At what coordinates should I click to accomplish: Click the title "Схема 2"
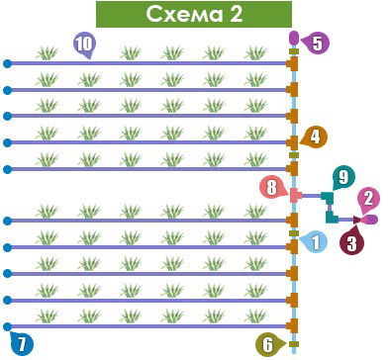(x=194, y=14)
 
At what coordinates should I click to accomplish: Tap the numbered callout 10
(x=84, y=44)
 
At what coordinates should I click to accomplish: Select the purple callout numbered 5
(x=315, y=43)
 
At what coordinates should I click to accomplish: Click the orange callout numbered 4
(x=314, y=137)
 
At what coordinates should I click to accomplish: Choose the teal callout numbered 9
(x=343, y=177)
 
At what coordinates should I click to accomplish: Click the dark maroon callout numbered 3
(x=351, y=242)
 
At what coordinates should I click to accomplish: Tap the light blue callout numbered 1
(x=314, y=242)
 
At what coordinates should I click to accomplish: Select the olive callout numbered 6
(x=268, y=345)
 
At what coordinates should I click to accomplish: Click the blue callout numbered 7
(x=21, y=343)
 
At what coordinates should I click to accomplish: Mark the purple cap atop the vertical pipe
(x=294, y=38)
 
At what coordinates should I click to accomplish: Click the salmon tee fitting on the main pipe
(x=295, y=196)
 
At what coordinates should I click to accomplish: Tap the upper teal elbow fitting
(x=328, y=197)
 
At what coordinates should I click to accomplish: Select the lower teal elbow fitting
(x=332, y=218)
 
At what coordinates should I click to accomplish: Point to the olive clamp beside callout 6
(x=294, y=344)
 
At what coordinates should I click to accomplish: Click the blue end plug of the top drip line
(x=7, y=63)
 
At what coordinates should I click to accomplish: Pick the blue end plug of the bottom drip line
(x=7, y=326)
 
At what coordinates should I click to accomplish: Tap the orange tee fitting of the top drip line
(x=292, y=63)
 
